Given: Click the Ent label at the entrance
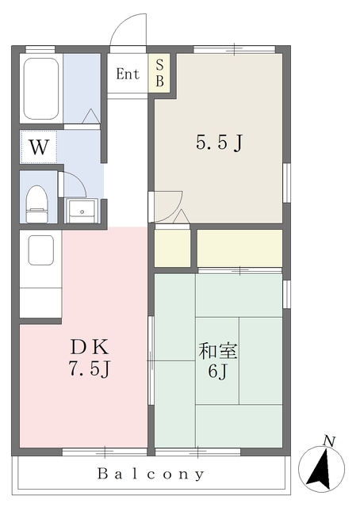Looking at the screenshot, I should (128, 74).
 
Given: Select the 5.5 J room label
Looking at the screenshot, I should (218, 143).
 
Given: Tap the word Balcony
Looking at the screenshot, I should (151, 475).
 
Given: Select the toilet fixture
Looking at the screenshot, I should (36, 204).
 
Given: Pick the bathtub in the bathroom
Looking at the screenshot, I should (41, 88).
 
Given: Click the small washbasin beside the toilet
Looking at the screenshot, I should (81, 210).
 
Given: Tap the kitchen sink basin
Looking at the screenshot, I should (41, 250).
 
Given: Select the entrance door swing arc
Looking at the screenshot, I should (127, 30).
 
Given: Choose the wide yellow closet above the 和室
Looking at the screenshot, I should (239, 248).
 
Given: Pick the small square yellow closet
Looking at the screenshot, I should (173, 248).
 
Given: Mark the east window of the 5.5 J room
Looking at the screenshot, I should (287, 182).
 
